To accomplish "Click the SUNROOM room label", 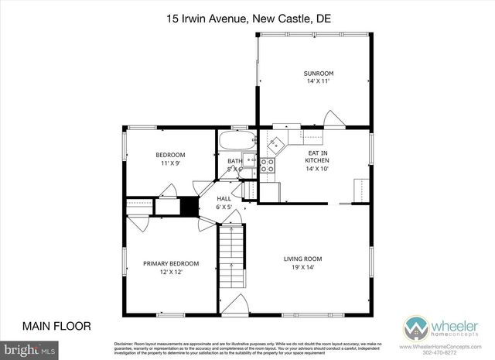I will [x=313, y=73].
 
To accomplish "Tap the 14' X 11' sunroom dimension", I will [x=313, y=81].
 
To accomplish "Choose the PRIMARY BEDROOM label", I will [x=170, y=263].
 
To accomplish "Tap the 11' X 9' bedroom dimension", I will [x=170, y=163].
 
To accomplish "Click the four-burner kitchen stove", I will [x=267, y=165].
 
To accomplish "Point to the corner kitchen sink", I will [x=276, y=141].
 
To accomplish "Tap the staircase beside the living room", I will [x=230, y=263].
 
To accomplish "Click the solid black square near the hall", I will [x=189, y=207].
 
